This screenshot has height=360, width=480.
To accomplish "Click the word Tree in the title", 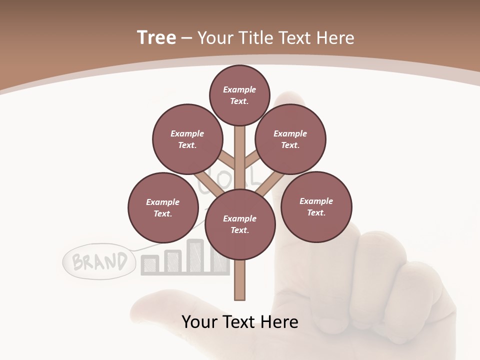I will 156,37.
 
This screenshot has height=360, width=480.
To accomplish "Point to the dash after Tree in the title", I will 187,38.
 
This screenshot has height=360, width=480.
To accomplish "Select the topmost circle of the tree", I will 239,95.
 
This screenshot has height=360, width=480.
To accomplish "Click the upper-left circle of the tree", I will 187,139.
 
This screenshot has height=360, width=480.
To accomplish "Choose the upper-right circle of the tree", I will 290,139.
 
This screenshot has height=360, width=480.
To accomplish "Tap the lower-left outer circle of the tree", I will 162,208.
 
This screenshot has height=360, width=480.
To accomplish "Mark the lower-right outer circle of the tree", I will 316,207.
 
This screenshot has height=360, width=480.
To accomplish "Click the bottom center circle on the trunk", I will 239,224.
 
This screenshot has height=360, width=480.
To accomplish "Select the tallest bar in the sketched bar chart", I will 194,256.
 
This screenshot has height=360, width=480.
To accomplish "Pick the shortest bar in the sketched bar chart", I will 150,265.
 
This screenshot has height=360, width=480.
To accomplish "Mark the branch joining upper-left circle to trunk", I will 226,161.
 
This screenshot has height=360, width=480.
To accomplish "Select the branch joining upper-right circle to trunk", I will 252,161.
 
